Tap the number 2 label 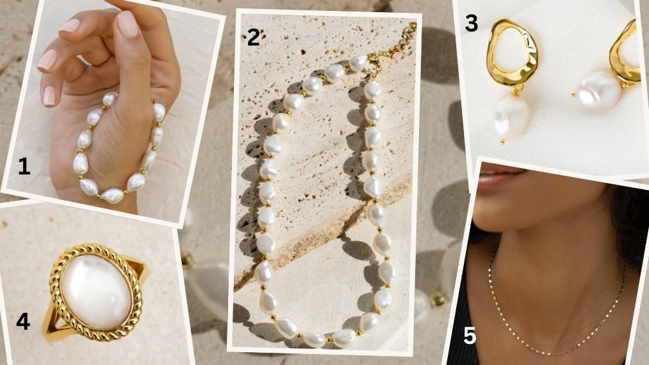click(x=253, y=37)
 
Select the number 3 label click(x=472, y=24)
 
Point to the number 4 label click(x=22, y=321)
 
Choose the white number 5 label click(x=469, y=336)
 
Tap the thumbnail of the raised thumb click(x=127, y=24)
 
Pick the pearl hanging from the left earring click(x=511, y=117)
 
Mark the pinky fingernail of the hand click(x=49, y=95)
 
